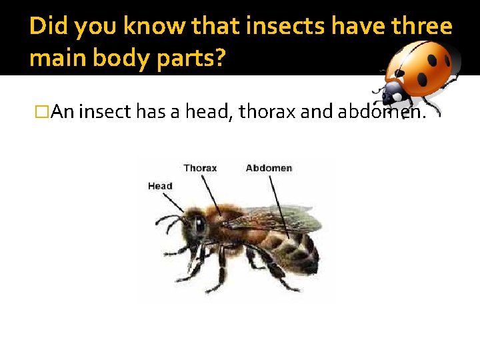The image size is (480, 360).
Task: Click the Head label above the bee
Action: tap(160, 186)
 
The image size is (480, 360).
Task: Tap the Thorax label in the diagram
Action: tap(200, 168)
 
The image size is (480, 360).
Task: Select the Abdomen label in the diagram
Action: tap(269, 168)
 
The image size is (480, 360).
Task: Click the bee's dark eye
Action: tap(199, 224)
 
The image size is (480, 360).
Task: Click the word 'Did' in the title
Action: tap(49, 27)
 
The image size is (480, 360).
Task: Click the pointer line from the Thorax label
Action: tap(213, 194)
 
